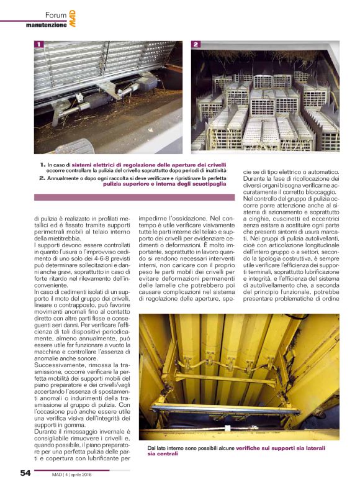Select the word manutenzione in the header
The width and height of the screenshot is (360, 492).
[x=46, y=25]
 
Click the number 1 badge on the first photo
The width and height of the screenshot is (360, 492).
[x=39, y=45]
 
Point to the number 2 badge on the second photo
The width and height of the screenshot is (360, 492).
[x=196, y=45]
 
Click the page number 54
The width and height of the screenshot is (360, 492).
[x=25, y=473]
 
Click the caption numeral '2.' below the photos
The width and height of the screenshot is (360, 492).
[x=42, y=178]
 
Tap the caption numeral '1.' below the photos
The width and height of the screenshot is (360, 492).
[x=42, y=165]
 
